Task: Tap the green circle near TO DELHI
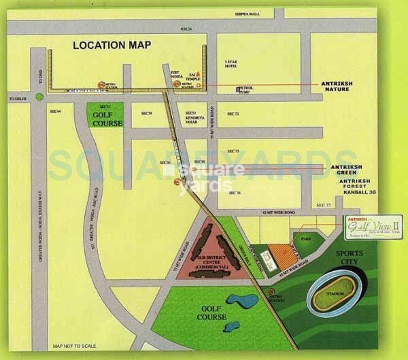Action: tap(40, 96)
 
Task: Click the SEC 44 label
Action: tap(55, 110)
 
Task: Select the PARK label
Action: tap(315, 240)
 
